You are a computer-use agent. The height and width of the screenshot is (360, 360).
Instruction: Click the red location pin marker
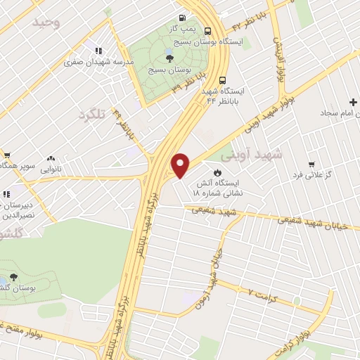point(181,166)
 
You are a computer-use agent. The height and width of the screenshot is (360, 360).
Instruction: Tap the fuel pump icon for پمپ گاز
point(182,18)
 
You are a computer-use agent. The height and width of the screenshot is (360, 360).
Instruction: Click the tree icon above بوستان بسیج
point(169,58)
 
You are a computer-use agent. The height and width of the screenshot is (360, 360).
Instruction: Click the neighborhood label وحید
point(47,22)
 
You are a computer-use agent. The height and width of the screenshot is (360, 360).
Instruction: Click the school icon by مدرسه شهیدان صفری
point(98,51)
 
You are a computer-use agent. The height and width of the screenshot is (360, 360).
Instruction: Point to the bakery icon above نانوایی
point(50,158)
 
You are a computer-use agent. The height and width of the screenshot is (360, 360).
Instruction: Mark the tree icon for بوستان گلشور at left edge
point(14,277)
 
